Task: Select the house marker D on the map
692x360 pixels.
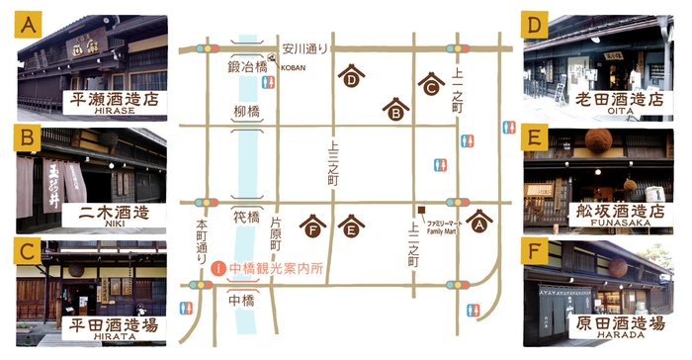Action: pyautogui.click(x=351, y=77)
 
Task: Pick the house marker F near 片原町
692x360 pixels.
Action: pyautogui.click(x=313, y=226)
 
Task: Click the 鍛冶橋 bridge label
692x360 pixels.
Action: pyautogui.click(x=245, y=66)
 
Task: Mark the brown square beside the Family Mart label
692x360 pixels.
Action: pyautogui.click(x=420, y=210)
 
